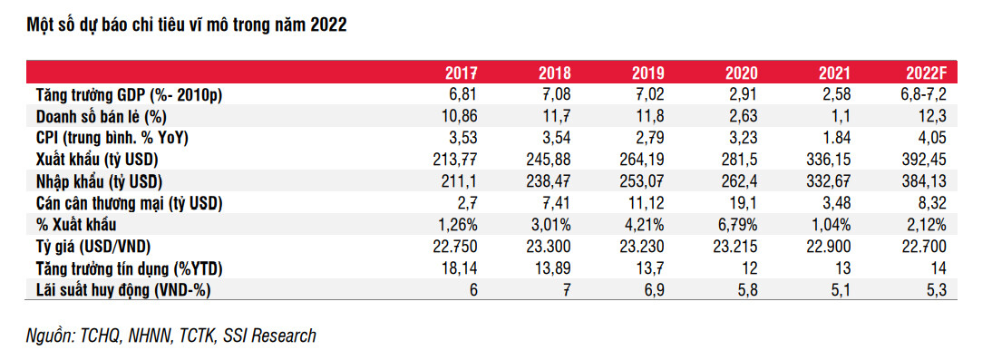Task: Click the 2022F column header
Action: pos(926,73)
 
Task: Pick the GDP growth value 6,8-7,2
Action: pos(921,95)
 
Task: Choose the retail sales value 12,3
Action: pos(933,117)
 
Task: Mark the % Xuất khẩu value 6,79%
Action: pos(741,225)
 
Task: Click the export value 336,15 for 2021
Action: pos(830,160)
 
